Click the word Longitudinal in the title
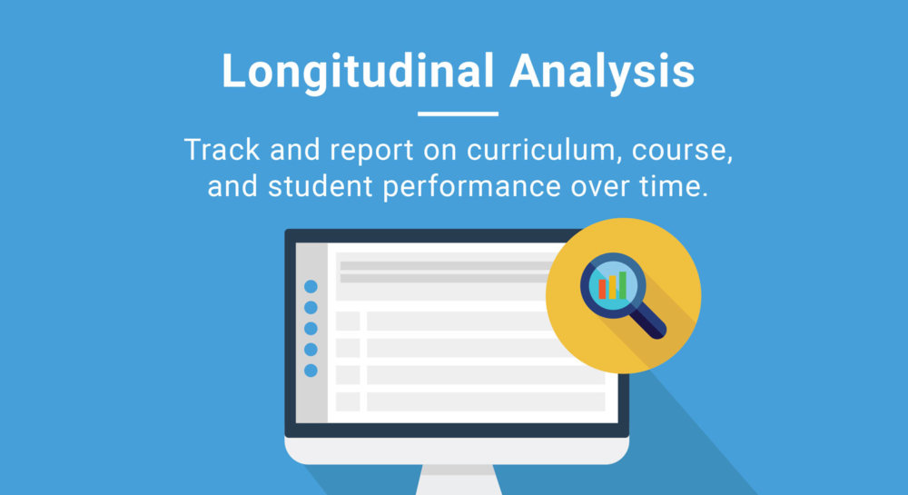357,72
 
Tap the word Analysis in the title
602,72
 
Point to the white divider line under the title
458,114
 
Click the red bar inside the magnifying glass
602,289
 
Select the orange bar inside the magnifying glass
612,287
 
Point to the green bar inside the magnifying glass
622,284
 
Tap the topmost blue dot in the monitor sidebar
311,286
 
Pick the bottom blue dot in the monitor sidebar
311,370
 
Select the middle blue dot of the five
311,328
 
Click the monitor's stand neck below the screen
457,480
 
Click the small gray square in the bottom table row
348,401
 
